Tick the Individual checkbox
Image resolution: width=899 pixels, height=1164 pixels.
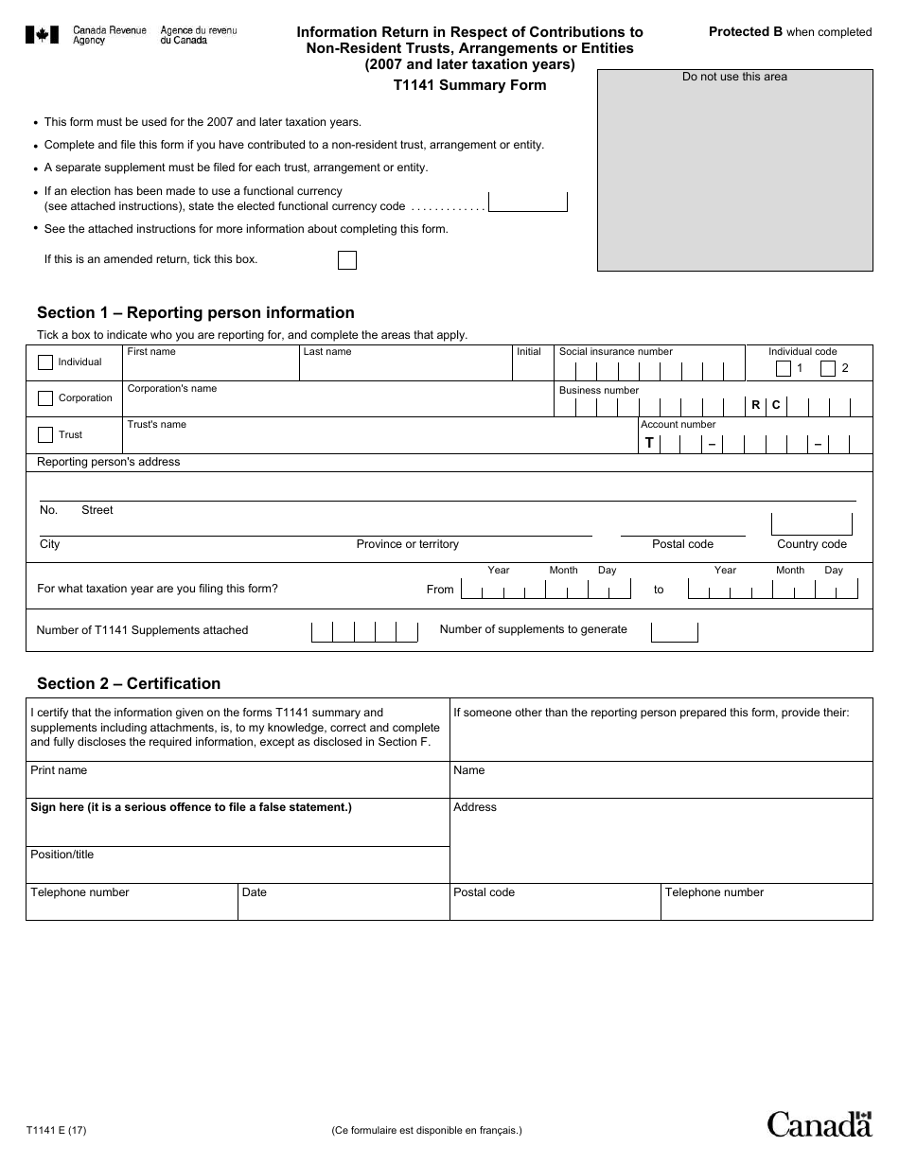tap(45, 362)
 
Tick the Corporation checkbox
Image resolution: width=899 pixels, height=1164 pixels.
tap(45, 398)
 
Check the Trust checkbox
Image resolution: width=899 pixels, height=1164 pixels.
tap(45, 435)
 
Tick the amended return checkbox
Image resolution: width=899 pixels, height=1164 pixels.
tap(347, 260)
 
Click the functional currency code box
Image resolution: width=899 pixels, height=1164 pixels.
tap(528, 202)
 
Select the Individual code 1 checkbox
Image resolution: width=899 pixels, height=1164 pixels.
tap(784, 369)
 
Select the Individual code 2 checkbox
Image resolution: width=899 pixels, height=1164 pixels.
tap(828, 369)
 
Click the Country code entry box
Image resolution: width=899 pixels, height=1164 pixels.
tap(811, 524)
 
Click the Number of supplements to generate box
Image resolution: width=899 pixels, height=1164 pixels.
tap(675, 631)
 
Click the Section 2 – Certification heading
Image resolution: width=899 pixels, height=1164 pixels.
tap(129, 683)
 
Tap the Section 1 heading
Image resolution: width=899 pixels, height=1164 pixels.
tap(196, 312)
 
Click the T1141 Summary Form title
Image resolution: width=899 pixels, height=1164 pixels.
tap(469, 85)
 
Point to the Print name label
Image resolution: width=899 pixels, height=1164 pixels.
tap(59, 770)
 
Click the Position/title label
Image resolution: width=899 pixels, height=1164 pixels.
tap(62, 855)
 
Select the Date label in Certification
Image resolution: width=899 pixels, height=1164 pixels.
tap(255, 892)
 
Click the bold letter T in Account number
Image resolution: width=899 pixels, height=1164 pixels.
tap(649, 442)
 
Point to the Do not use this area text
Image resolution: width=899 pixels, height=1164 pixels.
tap(734, 77)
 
